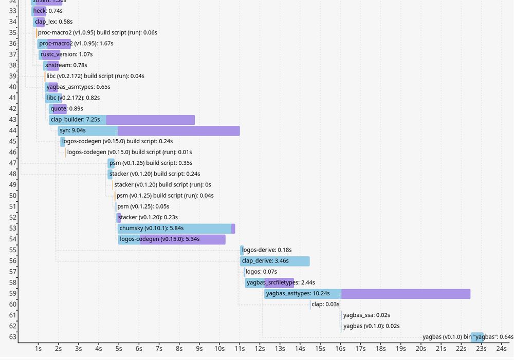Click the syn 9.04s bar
pos(149,130)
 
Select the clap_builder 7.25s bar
pos(122,120)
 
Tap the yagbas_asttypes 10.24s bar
pos(367,294)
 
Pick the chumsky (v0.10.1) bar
pos(176,229)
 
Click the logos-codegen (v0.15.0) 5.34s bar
pos(172,239)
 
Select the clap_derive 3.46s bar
pos(274,261)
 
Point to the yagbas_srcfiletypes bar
pos(269,282)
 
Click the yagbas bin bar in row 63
pos(477,337)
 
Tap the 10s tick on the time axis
pos(219,349)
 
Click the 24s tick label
pos(502,349)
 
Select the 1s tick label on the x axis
pos(38,349)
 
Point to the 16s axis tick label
pos(340,349)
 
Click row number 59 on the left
pos(13,294)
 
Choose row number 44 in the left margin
pos(13,130)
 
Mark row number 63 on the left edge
pos(13,337)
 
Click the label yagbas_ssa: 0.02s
pos(366,315)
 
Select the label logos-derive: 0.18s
pos(267,250)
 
